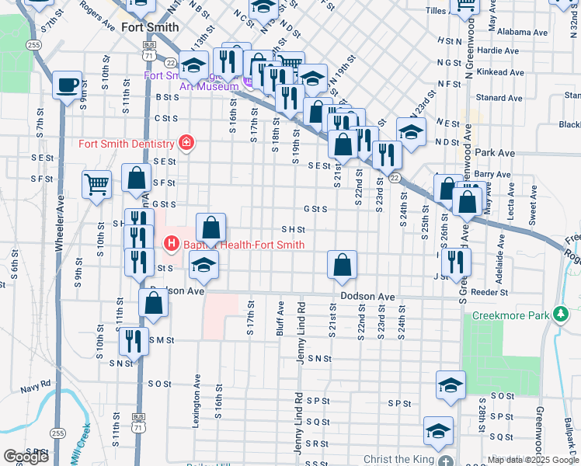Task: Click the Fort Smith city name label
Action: point(149,26)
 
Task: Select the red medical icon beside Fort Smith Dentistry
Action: point(186,143)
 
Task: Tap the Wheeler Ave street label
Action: point(59,225)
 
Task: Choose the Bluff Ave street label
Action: point(280,318)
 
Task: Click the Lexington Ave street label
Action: point(197,404)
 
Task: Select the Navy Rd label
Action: point(36,384)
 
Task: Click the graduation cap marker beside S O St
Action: point(451,385)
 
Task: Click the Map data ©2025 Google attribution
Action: point(532,460)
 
